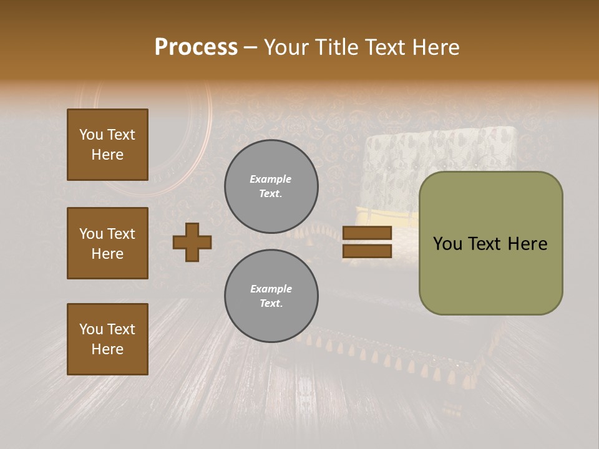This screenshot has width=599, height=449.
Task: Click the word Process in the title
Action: pyautogui.click(x=196, y=47)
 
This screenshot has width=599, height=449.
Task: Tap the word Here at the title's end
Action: pyautogui.click(x=435, y=47)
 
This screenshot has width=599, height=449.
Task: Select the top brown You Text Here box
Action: pyautogui.click(x=107, y=145)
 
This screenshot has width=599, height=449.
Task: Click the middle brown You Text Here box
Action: pyautogui.click(x=107, y=243)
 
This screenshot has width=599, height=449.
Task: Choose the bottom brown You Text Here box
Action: pyautogui.click(x=107, y=339)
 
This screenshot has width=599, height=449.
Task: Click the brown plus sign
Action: pyautogui.click(x=192, y=242)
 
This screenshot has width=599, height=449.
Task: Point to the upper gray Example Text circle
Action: pyautogui.click(x=271, y=186)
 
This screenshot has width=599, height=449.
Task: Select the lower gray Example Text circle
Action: pyautogui.click(x=271, y=296)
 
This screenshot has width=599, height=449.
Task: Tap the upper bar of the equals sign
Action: pyautogui.click(x=367, y=233)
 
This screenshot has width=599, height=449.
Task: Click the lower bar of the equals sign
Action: pyautogui.click(x=367, y=251)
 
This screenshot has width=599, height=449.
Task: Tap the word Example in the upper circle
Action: pyautogui.click(x=270, y=179)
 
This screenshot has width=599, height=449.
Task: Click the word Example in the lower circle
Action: pyautogui.click(x=271, y=289)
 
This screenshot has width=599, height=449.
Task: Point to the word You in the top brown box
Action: pyautogui.click(x=90, y=135)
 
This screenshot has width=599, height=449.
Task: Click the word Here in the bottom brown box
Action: pyautogui.click(x=107, y=349)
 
